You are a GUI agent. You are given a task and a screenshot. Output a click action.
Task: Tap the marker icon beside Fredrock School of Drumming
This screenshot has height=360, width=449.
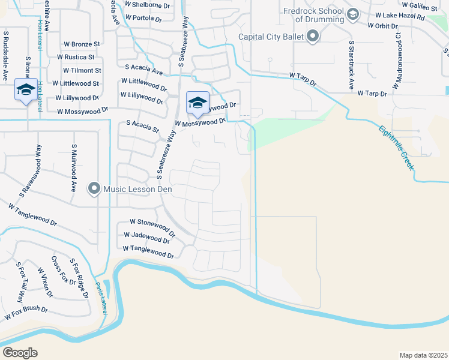pyautogui.click(x=353, y=14)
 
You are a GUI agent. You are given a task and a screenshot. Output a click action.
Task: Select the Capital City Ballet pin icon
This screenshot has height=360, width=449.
pyautogui.click(x=313, y=37)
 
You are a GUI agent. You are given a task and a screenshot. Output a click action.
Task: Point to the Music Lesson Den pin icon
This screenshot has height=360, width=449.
pyautogui.click(x=94, y=190)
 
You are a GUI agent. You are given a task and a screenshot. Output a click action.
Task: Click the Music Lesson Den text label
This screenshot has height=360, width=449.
pyautogui.click(x=137, y=190)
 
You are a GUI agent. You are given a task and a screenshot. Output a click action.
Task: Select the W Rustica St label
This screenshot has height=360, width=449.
pyautogui.click(x=75, y=57)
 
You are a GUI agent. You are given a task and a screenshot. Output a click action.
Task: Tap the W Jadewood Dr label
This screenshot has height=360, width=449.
pyautogui.click(x=146, y=238)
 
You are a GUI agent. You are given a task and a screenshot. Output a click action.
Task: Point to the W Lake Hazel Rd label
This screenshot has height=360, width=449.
pyautogui.click(x=399, y=17)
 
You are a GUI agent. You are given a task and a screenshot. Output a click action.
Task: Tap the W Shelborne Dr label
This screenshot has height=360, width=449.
pyautogui.click(x=147, y=4)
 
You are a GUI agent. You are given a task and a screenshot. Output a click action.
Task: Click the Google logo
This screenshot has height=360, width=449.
pyautogui.click(x=20, y=352)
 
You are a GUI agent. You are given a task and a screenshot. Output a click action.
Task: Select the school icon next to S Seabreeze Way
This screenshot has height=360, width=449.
pyautogui.click(x=197, y=103)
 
